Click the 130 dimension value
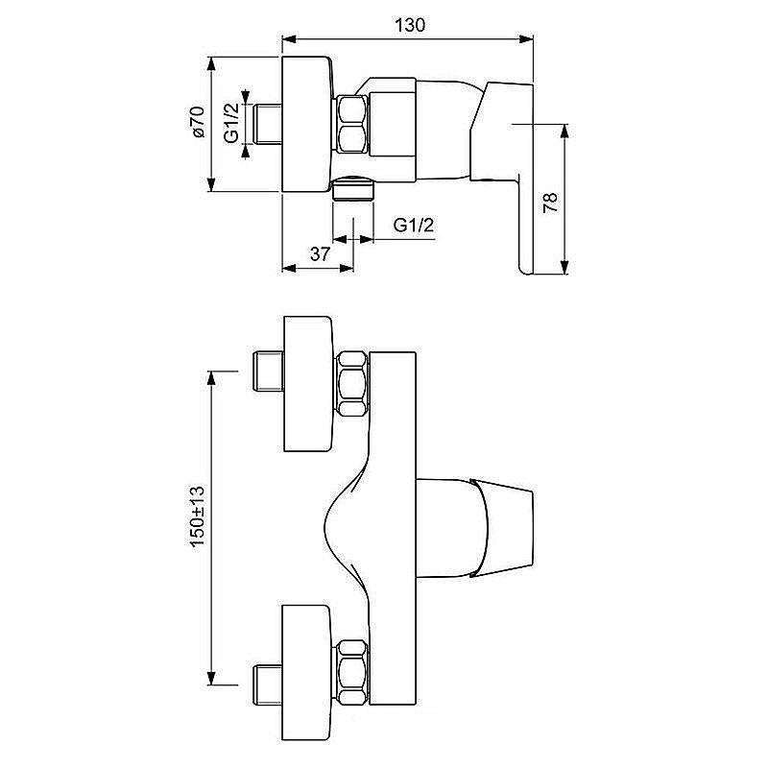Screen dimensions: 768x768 point(410,25)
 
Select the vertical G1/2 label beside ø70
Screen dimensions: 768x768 point(230,123)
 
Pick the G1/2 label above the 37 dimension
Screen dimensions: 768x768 point(414,226)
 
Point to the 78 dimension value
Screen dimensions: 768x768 point(549,202)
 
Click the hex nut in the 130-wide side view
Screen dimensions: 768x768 point(352,124)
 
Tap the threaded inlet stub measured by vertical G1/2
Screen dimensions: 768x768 point(266,123)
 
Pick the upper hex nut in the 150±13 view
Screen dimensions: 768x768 point(352,383)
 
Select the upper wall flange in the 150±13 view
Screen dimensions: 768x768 point(305,383)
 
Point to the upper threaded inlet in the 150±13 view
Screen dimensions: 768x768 point(264,372)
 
